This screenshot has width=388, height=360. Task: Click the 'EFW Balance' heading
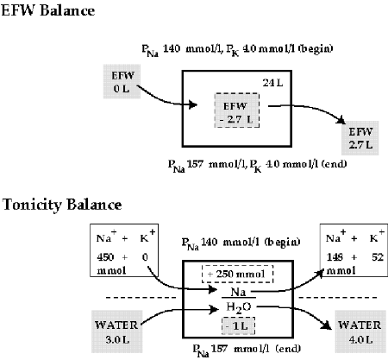tap(48, 10)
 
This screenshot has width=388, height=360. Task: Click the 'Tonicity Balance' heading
tap(62, 205)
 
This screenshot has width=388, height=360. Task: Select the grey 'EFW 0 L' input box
tap(122, 81)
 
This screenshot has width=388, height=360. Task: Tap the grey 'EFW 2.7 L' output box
tap(360, 138)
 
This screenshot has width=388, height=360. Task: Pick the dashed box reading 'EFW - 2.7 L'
tap(237, 111)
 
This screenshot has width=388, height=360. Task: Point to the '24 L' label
tap(272, 83)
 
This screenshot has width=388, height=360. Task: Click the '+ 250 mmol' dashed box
tap(237, 274)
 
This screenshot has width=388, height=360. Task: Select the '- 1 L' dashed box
tap(238, 326)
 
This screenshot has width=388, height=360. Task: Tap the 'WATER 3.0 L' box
tap(117, 332)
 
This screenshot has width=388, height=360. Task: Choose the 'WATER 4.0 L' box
tap(360, 332)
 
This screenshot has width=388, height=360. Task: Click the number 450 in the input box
tap(105, 256)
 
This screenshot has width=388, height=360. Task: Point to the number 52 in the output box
tap(378, 256)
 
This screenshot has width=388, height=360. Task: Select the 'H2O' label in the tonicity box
tap(238, 307)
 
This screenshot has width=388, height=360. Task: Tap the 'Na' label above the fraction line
tap(238, 292)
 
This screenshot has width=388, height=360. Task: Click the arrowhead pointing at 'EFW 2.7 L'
tap(341, 120)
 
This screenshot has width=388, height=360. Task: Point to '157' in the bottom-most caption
tap(219, 349)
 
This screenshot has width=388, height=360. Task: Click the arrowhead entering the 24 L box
tap(192, 104)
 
